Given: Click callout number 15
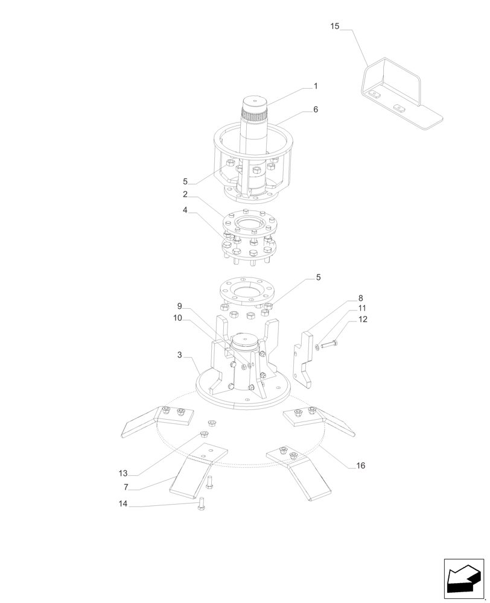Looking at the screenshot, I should click(x=335, y=26).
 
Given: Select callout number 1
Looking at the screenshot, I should click(x=315, y=86).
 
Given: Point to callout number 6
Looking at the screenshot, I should click(x=315, y=110).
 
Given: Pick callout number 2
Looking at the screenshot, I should click(x=185, y=195).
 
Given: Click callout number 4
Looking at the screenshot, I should click(x=185, y=210).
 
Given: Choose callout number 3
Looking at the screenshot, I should click(x=180, y=355).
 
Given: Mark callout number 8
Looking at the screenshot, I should click(x=360, y=298).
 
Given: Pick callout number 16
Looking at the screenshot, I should click(x=360, y=466).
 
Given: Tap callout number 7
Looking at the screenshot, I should click(x=125, y=486).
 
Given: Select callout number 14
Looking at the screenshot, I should click(x=123, y=504).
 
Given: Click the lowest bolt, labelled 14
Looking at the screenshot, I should click(x=202, y=507).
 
